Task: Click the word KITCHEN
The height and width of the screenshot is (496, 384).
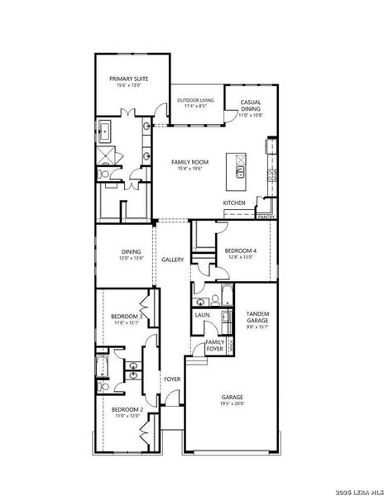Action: (234, 203)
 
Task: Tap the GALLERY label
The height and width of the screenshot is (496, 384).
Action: (173, 260)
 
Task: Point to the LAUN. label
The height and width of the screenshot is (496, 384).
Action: (202, 315)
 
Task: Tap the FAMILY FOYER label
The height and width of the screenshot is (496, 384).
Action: (214, 346)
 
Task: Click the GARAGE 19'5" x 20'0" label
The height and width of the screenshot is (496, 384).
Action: (232, 399)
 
